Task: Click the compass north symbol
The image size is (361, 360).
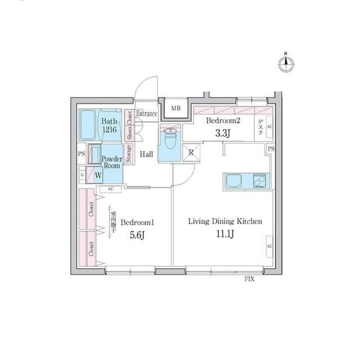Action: pos(286,63)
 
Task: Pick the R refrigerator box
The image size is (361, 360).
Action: pos(191,151)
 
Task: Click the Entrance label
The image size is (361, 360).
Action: pos(147,114)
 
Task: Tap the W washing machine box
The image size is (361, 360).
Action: pos(98,175)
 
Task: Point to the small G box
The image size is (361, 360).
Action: pos(83,175)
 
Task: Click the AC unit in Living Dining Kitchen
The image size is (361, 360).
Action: pos(269,247)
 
